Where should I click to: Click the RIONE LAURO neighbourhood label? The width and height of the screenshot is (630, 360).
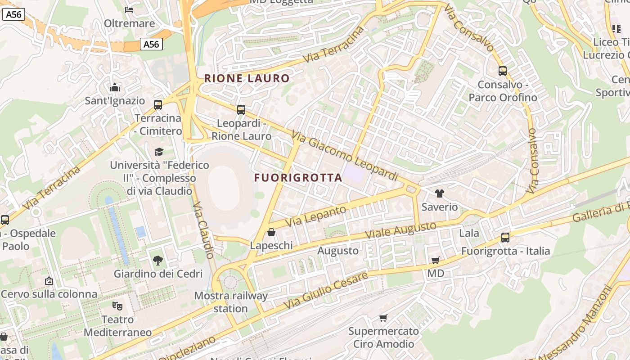(247, 78)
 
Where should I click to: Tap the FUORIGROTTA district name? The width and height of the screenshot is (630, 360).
(298, 178)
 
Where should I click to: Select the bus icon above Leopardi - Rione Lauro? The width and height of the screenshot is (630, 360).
(241, 110)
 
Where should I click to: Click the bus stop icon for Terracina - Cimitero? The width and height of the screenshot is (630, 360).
(158, 105)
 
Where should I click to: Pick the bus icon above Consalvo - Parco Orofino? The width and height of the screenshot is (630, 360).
(503, 71)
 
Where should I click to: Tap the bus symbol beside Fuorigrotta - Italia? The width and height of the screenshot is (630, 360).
(505, 238)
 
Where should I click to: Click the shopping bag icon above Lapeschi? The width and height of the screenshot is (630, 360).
(271, 232)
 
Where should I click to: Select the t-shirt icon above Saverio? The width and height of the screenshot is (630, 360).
(440, 193)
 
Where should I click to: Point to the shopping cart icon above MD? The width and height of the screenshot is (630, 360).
(435, 260)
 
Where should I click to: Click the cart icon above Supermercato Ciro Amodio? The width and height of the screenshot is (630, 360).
(383, 318)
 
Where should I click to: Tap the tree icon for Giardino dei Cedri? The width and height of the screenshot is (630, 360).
(157, 260)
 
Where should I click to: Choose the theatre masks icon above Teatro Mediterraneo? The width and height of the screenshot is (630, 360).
(117, 306)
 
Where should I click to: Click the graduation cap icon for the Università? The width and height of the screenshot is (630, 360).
(159, 152)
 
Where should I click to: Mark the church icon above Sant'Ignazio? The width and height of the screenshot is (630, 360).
(115, 87)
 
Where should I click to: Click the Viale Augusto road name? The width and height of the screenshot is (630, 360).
(400, 230)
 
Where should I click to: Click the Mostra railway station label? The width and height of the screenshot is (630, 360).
(231, 302)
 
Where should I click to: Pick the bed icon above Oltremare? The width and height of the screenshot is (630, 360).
(130, 9)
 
